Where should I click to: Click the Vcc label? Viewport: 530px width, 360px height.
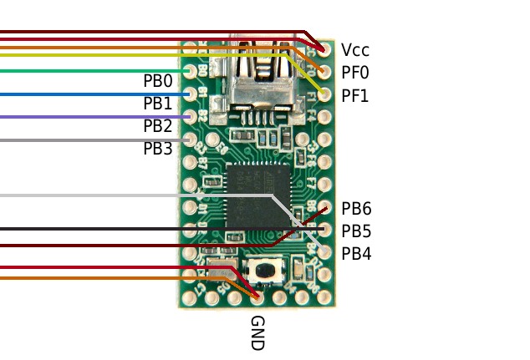coord(354,51)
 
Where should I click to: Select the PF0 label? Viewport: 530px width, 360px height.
coord(354,74)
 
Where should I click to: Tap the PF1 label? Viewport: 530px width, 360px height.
coord(354,96)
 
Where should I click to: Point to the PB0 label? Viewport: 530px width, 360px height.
coord(157,81)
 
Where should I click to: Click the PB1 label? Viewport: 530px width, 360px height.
coord(157,104)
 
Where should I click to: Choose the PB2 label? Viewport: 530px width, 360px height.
coord(157,126)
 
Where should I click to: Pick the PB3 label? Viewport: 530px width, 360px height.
coord(157,149)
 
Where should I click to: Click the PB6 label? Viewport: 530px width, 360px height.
coord(356,209)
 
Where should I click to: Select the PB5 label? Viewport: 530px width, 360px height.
coord(356,231)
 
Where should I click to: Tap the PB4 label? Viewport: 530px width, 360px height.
coord(356,253)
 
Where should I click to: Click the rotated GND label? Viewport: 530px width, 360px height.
coord(257,332)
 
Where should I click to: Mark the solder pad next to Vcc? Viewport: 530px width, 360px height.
coord(324,51)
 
